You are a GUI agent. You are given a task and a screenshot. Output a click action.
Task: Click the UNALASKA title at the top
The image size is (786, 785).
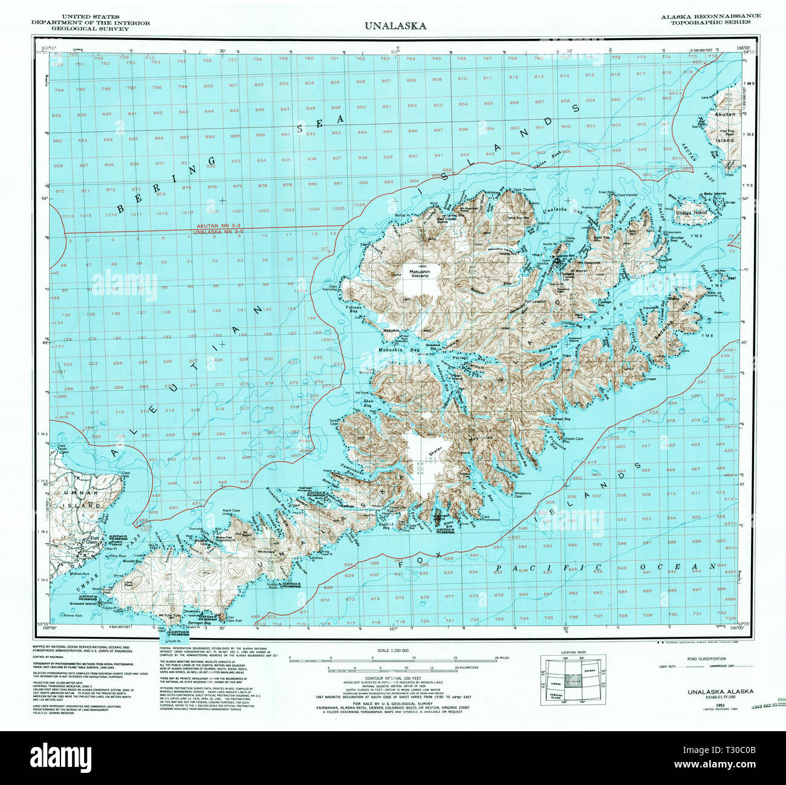[395, 26]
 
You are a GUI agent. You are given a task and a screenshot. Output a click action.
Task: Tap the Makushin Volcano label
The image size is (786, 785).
[418, 276]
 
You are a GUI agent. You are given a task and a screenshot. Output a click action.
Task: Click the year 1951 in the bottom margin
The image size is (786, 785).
[719, 705]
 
